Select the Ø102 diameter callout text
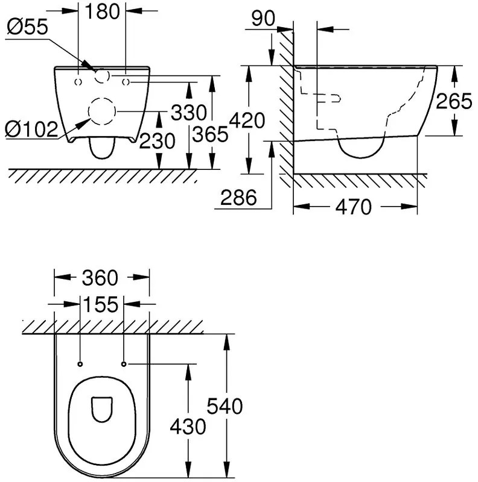coord(31,128)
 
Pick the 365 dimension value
coord(211,134)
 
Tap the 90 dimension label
coord(263,17)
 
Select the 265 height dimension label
coord(454,101)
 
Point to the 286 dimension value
coord(239,197)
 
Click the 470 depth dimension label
coord(353,208)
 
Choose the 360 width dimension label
coord(101,278)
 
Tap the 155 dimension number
coord(101,305)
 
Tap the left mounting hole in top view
coord(80,364)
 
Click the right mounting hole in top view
coord(124,364)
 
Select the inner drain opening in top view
coord(102,410)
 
